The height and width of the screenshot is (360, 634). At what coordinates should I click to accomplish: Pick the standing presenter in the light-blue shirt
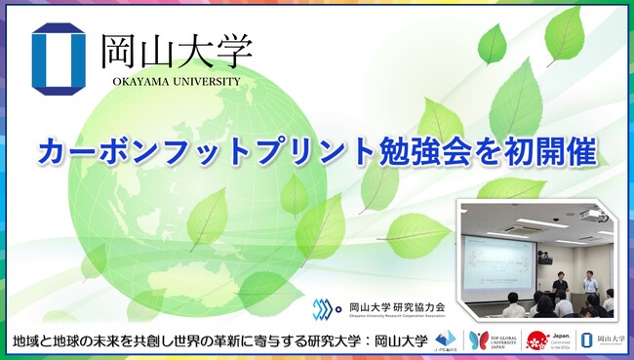click(x=588, y=287)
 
